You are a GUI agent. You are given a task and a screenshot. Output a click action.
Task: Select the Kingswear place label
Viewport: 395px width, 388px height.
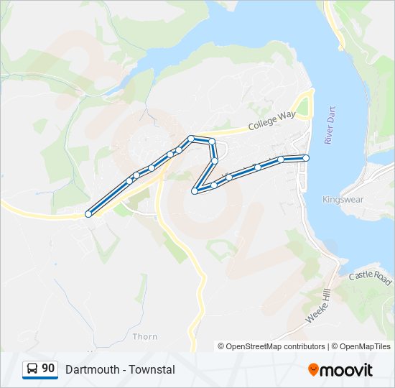(343, 199)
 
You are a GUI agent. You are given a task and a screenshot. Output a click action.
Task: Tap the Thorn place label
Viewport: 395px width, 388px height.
(145, 336)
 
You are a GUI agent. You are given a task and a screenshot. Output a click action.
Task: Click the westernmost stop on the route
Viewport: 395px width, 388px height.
(88, 213)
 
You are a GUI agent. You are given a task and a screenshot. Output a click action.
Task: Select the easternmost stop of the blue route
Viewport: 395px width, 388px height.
(306, 157)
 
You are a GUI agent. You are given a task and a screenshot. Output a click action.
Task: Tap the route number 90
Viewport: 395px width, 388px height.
(48, 369)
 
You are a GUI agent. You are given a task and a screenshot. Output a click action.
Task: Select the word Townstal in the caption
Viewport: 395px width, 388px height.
(153, 369)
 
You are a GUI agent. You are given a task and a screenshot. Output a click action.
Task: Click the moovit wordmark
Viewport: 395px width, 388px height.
(347, 370)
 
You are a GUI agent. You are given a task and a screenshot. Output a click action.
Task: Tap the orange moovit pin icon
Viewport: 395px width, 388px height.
(313, 370)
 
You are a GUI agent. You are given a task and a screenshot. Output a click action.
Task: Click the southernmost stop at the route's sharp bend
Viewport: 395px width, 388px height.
(195, 190)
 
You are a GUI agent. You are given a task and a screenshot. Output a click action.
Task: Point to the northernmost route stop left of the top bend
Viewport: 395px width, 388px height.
(191, 139)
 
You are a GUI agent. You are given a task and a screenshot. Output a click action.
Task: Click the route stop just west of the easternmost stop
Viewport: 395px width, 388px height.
(281, 160)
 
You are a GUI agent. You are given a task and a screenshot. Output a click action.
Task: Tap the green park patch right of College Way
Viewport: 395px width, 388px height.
(303, 108)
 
